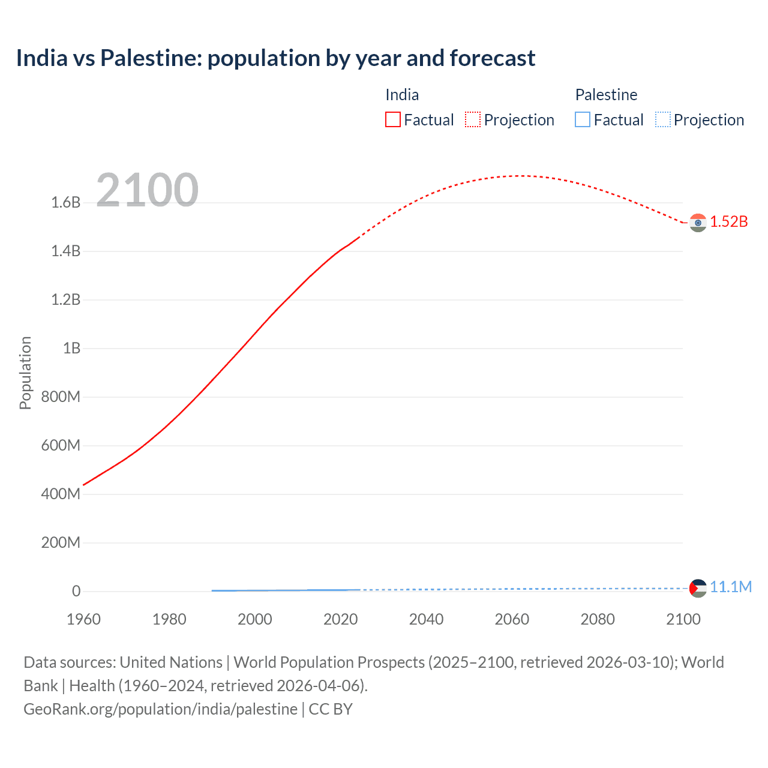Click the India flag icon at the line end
coord(697,223)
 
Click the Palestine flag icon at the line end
coord(697,588)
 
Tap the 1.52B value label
coord(729,221)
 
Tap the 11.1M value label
coord(731,587)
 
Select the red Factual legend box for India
coord(392,120)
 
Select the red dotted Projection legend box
coord(473,120)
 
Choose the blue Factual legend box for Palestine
coord(582,120)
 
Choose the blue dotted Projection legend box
coord(662,120)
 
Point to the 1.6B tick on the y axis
coord(66,202)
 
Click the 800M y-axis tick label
coord(61,397)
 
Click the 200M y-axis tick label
coord(61,542)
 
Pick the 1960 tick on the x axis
coord(83,619)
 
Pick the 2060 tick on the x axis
coord(512,619)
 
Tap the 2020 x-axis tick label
coord(340,619)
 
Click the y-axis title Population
coord(25,373)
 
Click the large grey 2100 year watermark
coord(147,190)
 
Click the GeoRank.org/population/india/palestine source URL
coord(160,709)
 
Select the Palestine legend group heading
coord(606,95)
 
